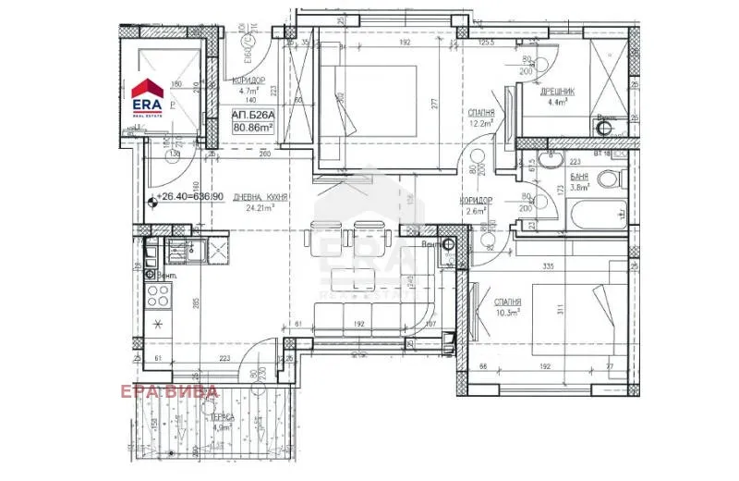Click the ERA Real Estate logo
(x=148, y=96)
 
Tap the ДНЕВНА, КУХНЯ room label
(x=258, y=196)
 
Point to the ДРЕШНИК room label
(x=560, y=92)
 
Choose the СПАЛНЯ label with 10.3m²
(x=507, y=302)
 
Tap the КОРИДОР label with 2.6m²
(x=476, y=200)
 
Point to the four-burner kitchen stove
(x=158, y=295)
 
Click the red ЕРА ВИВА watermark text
(x=169, y=391)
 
